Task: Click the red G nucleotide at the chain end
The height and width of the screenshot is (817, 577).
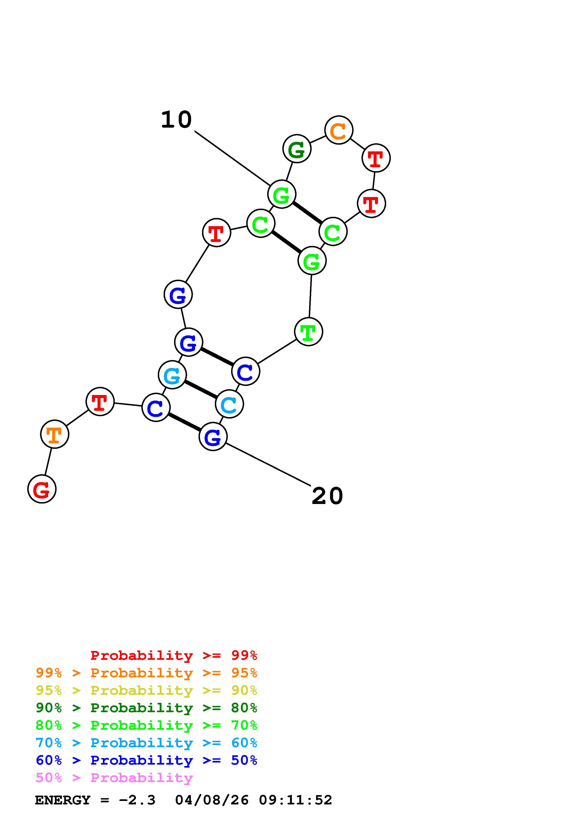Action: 42,489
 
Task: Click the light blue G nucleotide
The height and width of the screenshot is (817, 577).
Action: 172,375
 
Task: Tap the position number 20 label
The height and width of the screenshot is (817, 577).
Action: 327,496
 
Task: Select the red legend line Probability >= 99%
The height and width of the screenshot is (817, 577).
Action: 173,655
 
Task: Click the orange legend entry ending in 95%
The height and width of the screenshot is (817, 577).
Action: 146,673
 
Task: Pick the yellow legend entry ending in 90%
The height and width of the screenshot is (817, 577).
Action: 146,690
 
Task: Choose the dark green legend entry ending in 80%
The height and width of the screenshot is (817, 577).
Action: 146,708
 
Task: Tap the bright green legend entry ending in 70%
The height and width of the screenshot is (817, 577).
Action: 146,725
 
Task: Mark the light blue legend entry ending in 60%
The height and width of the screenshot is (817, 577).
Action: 146,743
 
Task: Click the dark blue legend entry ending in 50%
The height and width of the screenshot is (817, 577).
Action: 146,760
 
